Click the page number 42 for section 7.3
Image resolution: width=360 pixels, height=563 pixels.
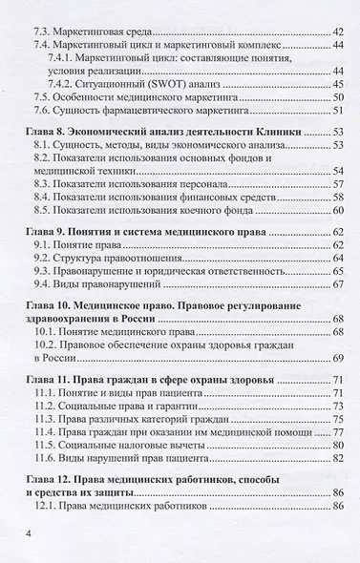[338, 31]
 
